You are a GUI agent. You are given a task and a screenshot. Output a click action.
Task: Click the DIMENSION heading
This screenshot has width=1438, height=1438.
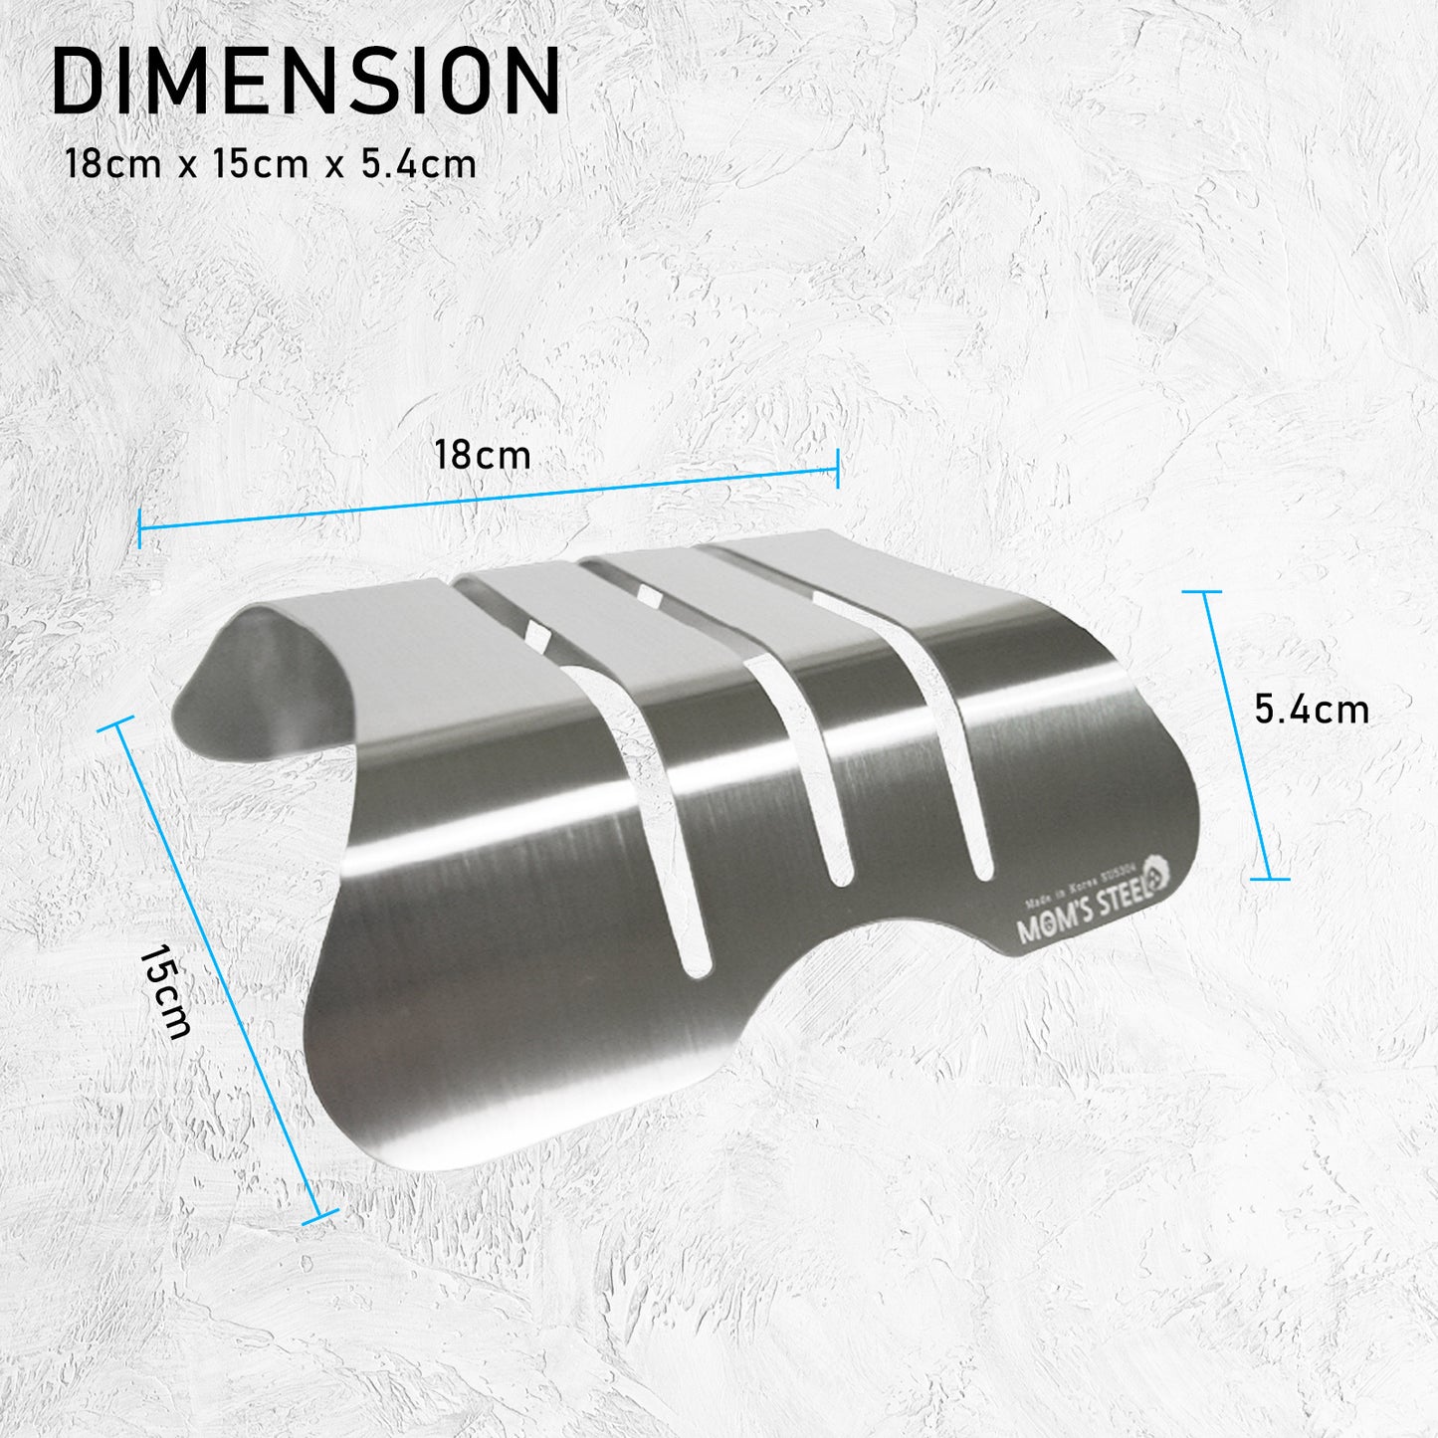306,81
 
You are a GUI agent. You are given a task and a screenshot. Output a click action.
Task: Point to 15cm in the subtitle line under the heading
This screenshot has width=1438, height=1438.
261,164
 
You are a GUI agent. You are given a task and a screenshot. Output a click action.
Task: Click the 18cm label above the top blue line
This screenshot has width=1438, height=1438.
483,456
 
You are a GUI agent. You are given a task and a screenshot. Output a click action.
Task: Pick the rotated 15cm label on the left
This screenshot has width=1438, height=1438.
164,992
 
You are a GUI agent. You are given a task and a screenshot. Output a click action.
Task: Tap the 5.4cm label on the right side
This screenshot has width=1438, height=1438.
1312,710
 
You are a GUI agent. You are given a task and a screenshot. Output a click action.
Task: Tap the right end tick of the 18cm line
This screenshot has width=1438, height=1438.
838,468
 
